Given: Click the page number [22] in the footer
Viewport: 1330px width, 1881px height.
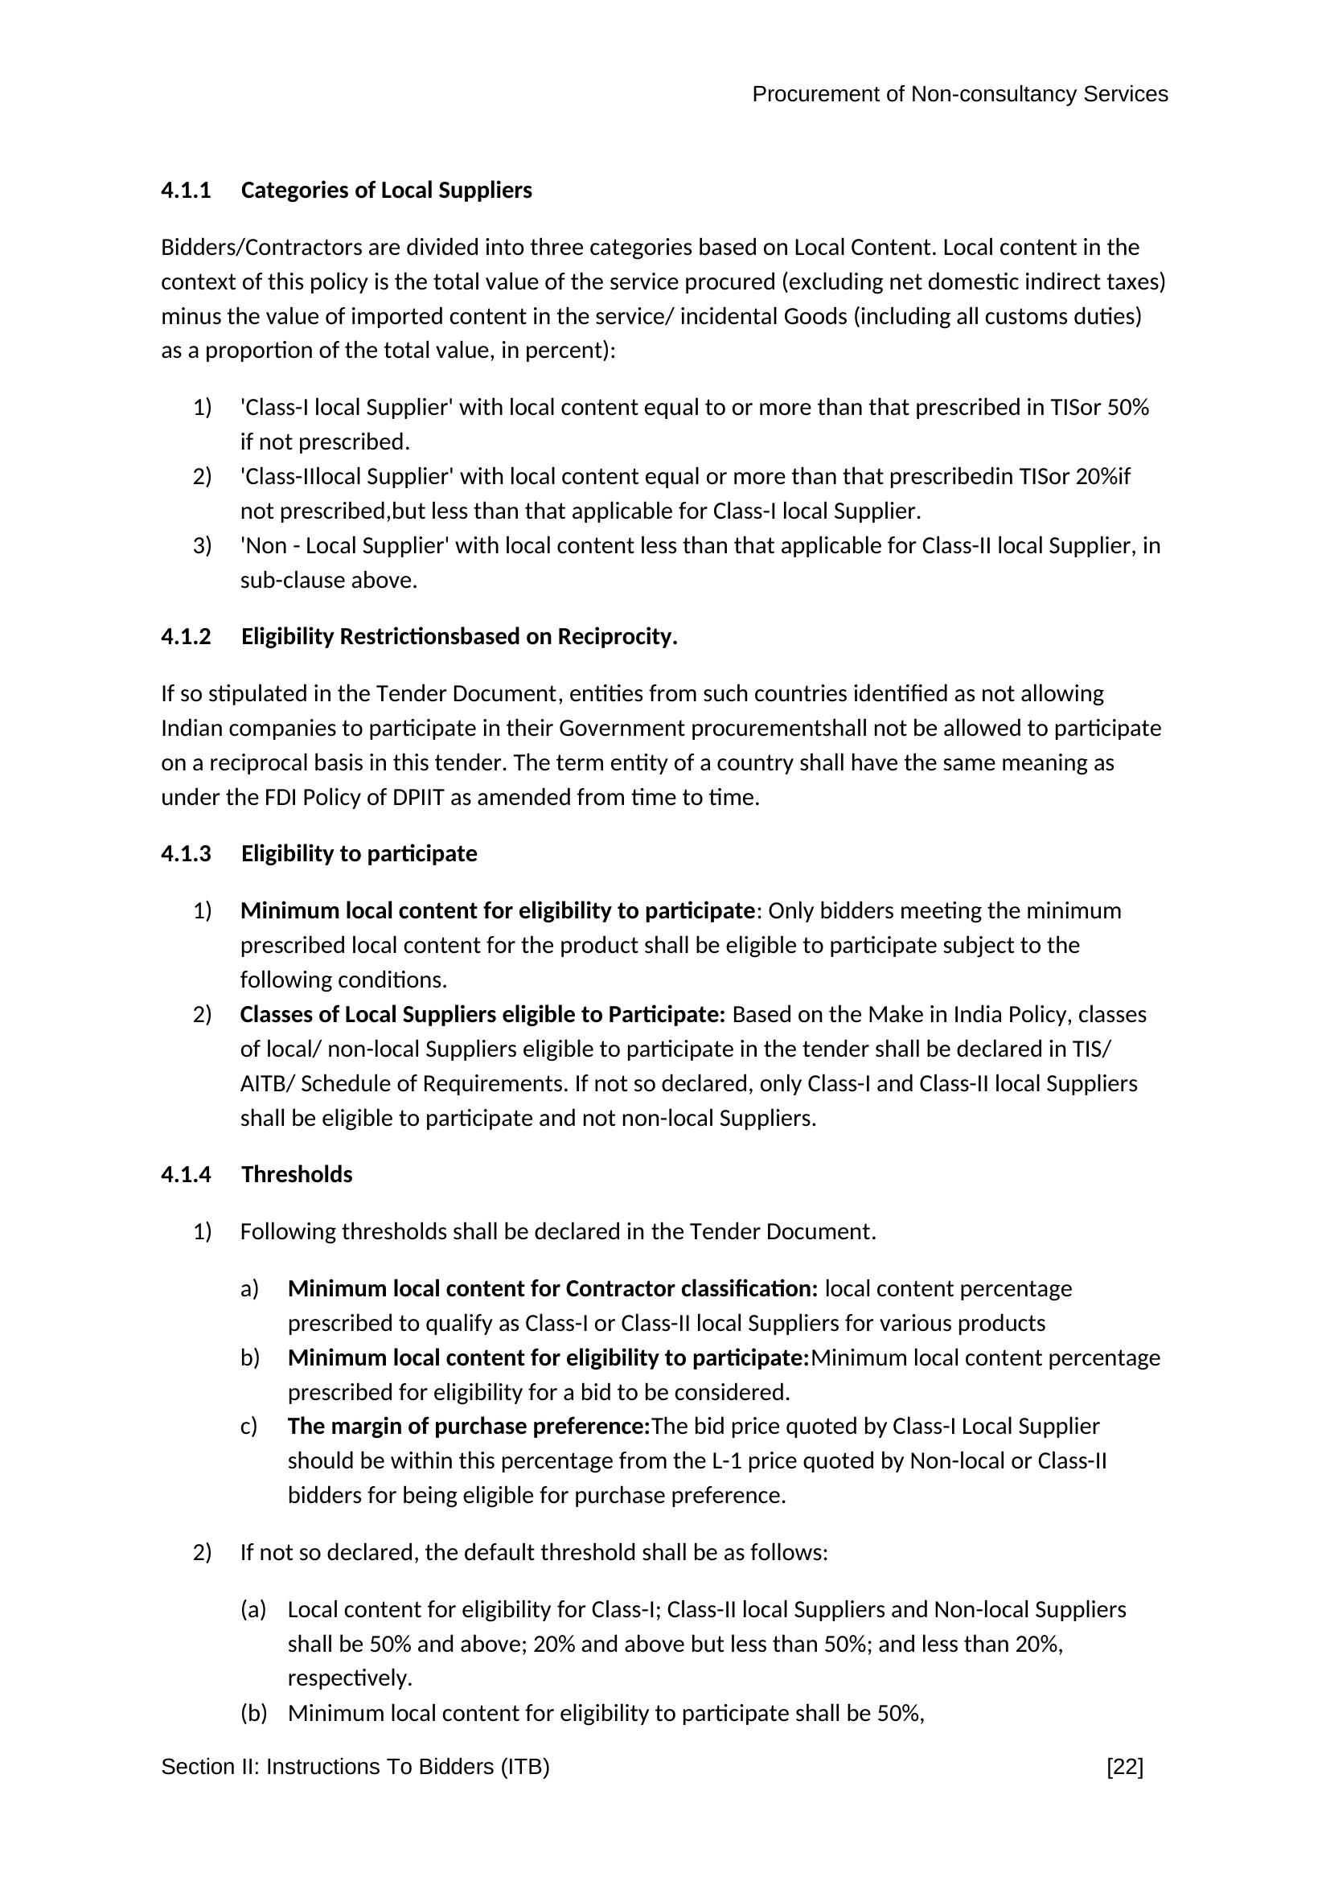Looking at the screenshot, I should (x=1124, y=1766).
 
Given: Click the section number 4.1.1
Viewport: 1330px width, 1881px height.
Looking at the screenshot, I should (x=186, y=190).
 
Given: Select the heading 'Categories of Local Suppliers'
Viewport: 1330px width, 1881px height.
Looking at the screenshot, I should (x=386, y=190).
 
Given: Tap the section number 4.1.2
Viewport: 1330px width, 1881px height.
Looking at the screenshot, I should (x=186, y=637).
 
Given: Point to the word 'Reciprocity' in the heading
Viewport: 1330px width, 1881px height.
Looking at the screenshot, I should (x=614, y=637).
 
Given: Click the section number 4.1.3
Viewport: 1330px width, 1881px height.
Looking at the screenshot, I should (x=186, y=854).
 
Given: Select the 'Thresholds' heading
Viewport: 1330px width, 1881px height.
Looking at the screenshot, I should (x=297, y=1174).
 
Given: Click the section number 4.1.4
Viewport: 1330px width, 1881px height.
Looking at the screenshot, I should (x=186, y=1174).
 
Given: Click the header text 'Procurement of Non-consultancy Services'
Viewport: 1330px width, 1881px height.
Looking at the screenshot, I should (x=960, y=94).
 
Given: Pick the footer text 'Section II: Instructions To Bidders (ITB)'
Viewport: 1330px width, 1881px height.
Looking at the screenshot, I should (x=355, y=1766).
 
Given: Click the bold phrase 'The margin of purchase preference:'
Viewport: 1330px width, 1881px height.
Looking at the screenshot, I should (x=469, y=1427).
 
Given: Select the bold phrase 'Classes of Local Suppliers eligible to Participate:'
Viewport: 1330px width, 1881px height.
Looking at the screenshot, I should (x=482, y=1014).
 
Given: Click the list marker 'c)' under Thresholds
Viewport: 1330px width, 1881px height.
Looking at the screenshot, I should (x=249, y=1427).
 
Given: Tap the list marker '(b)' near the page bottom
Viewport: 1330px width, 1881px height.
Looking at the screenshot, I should (x=253, y=1713).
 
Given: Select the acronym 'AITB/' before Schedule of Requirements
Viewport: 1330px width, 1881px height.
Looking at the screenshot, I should (x=267, y=1083).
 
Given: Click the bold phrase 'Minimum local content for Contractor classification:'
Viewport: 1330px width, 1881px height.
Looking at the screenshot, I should (x=552, y=1288).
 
